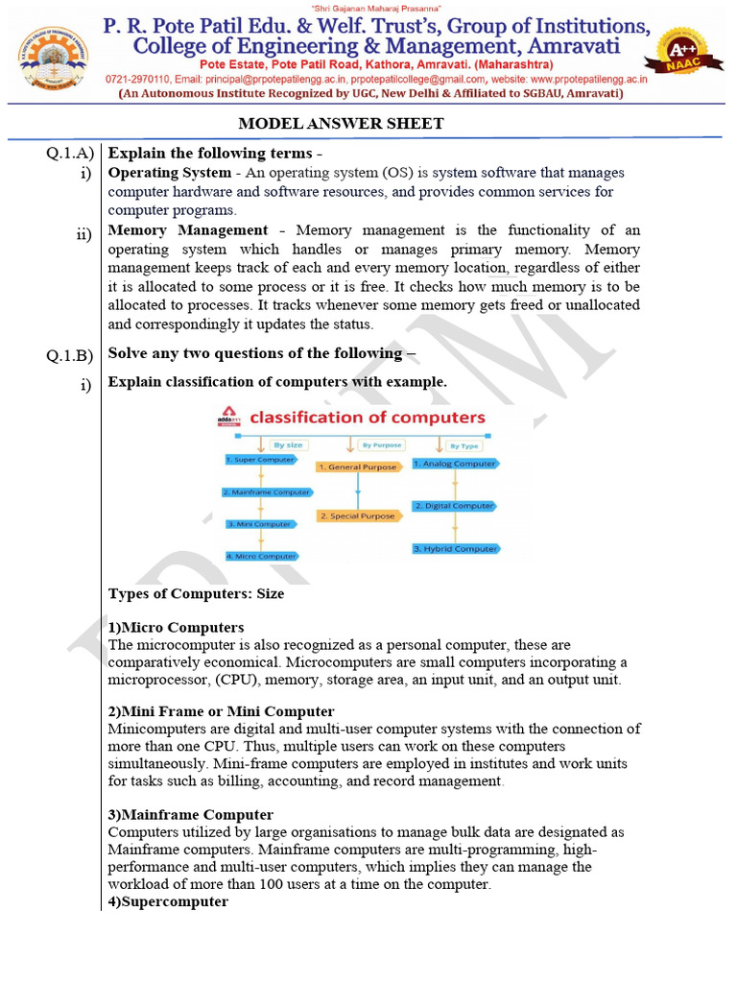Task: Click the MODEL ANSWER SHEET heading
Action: [x=341, y=124]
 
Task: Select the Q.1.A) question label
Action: [x=69, y=154]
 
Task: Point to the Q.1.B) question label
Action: [x=69, y=356]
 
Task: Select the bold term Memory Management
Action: [x=188, y=230]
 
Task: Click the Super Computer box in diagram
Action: [x=259, y=460]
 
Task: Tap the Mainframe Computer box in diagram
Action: [x=266, y=492]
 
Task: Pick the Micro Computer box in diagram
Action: [x=262, y=556]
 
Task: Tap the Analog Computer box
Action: [x=456, y=464]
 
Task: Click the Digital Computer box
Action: [x=456, y=506]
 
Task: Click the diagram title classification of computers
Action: [x=368, y=418]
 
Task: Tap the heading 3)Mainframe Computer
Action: [x=190, y=815]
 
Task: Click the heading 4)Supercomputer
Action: [x=168, y=901]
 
